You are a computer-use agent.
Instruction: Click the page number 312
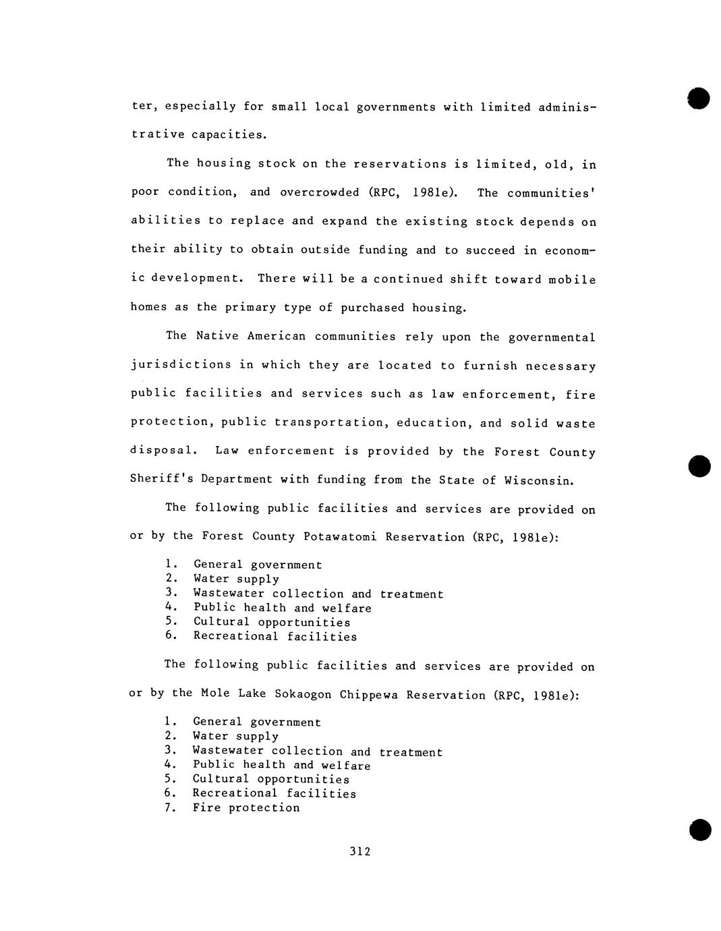pyautogui.click(x=360, y=851)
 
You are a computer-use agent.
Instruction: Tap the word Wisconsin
pyautogui.click(x=542, y=481)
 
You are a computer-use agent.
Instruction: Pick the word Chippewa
pyautogui.click(x=369, y=695)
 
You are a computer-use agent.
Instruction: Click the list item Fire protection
pyautogui.click(x=246, y=808)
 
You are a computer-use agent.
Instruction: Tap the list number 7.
pyautogui.click(x=169, y=807)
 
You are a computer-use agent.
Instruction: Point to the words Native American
pyautogui.click(x=250, y=336)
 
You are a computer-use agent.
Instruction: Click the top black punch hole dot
pyautogui.click(x=699, y=98)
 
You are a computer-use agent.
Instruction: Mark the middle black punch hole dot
pyautogui.click(x=700, y=466)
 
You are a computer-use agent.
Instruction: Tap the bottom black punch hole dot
pyautogui.click(x=700, y=830)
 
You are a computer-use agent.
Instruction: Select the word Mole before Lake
pyautogui.click(x=215, y=694)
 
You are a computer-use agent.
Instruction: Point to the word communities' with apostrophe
pyautogui.click(x=551, y=194)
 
